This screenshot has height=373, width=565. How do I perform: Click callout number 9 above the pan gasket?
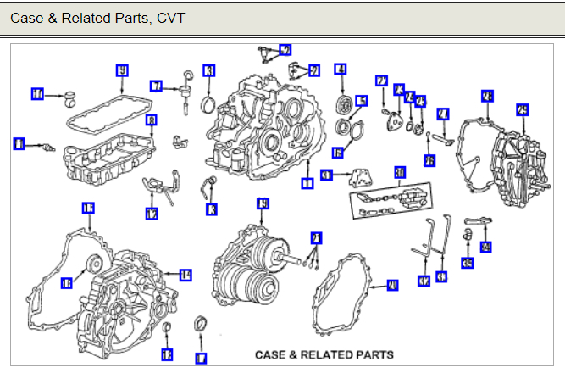(x=122, y=70)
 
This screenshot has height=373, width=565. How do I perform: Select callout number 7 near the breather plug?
(x=157, y=86)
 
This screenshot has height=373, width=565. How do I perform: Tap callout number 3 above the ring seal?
(x=208, y=70)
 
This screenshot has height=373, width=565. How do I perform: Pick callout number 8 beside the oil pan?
(x=152, y=121)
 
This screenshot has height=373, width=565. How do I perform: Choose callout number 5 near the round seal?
(x=362, y=102)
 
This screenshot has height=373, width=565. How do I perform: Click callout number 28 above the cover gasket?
(x=486, y=96)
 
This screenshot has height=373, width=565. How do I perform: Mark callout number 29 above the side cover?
(x=522, y=109)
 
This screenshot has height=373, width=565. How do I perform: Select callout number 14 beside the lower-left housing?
(x=186, y=275)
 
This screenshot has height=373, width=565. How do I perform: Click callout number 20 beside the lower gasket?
(x=392, y=286)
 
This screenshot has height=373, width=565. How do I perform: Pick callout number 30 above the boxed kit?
(x=400, y=171)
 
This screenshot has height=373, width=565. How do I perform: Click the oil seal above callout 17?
(x=201, y=325)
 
